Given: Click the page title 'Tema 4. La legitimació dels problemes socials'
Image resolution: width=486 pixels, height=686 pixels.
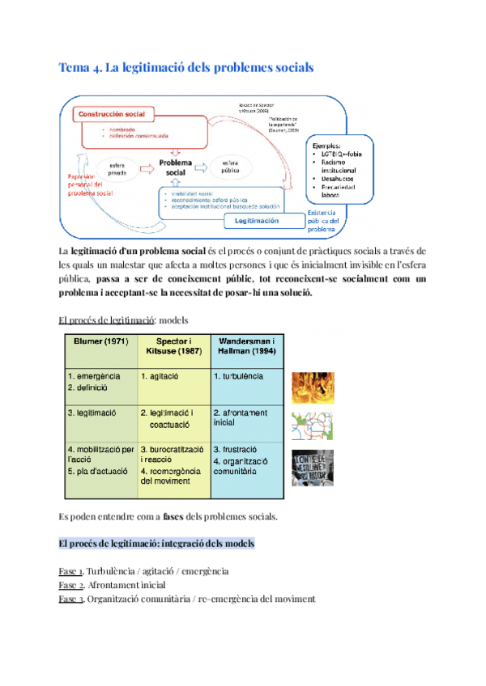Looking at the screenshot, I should tap(186, 68).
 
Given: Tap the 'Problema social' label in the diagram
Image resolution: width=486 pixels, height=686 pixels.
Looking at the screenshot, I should tap(176, 167).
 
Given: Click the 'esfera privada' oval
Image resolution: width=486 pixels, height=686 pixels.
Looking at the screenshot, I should tap(110, 168).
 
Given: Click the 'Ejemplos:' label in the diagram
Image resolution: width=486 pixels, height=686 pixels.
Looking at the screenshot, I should tap(327, 141).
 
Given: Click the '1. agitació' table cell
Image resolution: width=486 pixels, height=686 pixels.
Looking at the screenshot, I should tap(160, 377).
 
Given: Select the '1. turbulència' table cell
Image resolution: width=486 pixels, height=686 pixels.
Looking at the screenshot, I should tap(239, 377).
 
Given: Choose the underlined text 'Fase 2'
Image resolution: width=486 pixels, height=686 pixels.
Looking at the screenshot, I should tap(71, 585).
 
